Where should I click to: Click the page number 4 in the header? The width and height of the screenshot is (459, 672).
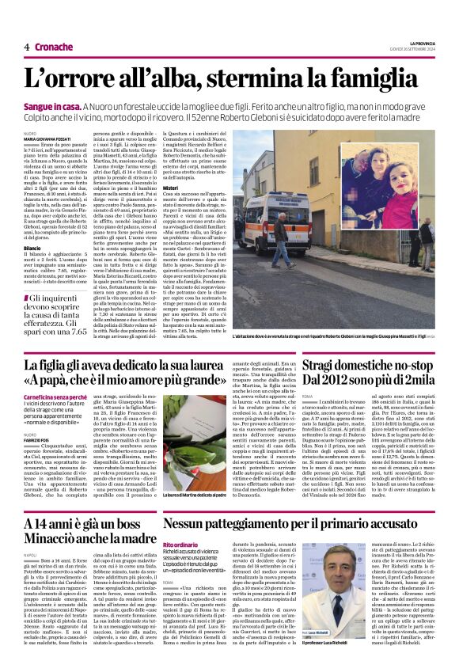(26, 47)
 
